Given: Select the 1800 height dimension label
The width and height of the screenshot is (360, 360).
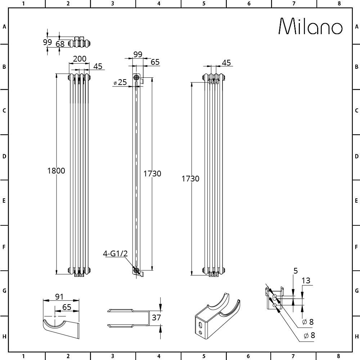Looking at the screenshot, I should coord(56,171).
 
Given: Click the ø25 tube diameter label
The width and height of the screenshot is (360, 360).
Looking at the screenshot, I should coord(120,82).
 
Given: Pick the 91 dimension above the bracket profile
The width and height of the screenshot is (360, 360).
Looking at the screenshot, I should coord(59,297).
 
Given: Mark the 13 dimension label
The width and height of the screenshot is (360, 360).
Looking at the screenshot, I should coord(306,281).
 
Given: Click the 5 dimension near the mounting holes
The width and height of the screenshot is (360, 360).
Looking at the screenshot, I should coord(295,271).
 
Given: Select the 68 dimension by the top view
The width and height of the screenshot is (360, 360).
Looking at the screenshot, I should coord(60,44).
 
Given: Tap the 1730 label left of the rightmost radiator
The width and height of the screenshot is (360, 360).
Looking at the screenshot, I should coord(190,178).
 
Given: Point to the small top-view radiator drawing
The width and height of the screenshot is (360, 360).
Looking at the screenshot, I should coord(79,42).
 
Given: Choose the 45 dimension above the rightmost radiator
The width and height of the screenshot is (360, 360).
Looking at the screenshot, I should coord(226,63).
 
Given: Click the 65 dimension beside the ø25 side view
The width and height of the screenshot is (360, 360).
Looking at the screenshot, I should coord(155,62).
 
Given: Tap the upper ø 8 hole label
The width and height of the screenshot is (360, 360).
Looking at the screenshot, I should coord(309,321).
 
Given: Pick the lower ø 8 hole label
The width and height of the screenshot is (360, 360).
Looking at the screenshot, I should coord(309,336).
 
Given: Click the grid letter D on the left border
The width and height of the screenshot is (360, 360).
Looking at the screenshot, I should coord(4,157).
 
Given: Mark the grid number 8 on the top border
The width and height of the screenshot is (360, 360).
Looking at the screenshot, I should coord(339,3).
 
